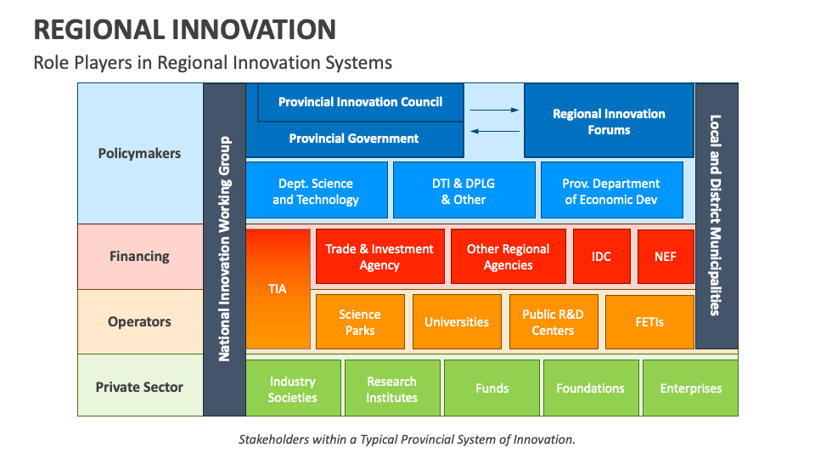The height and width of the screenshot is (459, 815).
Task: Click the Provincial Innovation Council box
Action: (x=361, y=102)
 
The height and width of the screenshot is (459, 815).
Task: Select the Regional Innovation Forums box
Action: (x=609, y=122)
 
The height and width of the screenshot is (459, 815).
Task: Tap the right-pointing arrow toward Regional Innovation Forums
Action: (x=494, y=110)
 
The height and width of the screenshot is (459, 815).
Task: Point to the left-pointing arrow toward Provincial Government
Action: (x=494, y=131)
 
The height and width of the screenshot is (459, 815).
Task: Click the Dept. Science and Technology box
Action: (x=316, y=191)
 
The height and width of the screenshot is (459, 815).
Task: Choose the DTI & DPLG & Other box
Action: (x=464, y=191)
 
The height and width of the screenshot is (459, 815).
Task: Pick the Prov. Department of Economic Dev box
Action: (x=611, y=191)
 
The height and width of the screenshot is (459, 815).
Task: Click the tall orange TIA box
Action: (x=278, y=289)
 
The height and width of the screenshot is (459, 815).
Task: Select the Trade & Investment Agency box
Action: (x=379, y=257)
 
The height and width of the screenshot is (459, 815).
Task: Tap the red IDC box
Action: (x=601, y=257)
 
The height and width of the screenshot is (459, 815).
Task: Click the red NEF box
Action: (x=666, y=257)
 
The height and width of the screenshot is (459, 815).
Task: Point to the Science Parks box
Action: (x=360, y=322)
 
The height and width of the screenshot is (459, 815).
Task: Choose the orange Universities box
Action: (x=457, y=322)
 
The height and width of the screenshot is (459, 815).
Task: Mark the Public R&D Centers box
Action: (x=553, y=322)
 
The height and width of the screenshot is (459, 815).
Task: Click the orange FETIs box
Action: (x=649, y=322)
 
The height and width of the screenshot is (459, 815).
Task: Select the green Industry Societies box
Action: (x=293, y=388)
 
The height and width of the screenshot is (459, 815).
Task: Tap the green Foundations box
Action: (x=590, y=388)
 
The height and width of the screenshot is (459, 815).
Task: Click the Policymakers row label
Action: (x=140, y=154)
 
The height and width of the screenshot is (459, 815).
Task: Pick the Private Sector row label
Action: (x=140, y=387)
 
